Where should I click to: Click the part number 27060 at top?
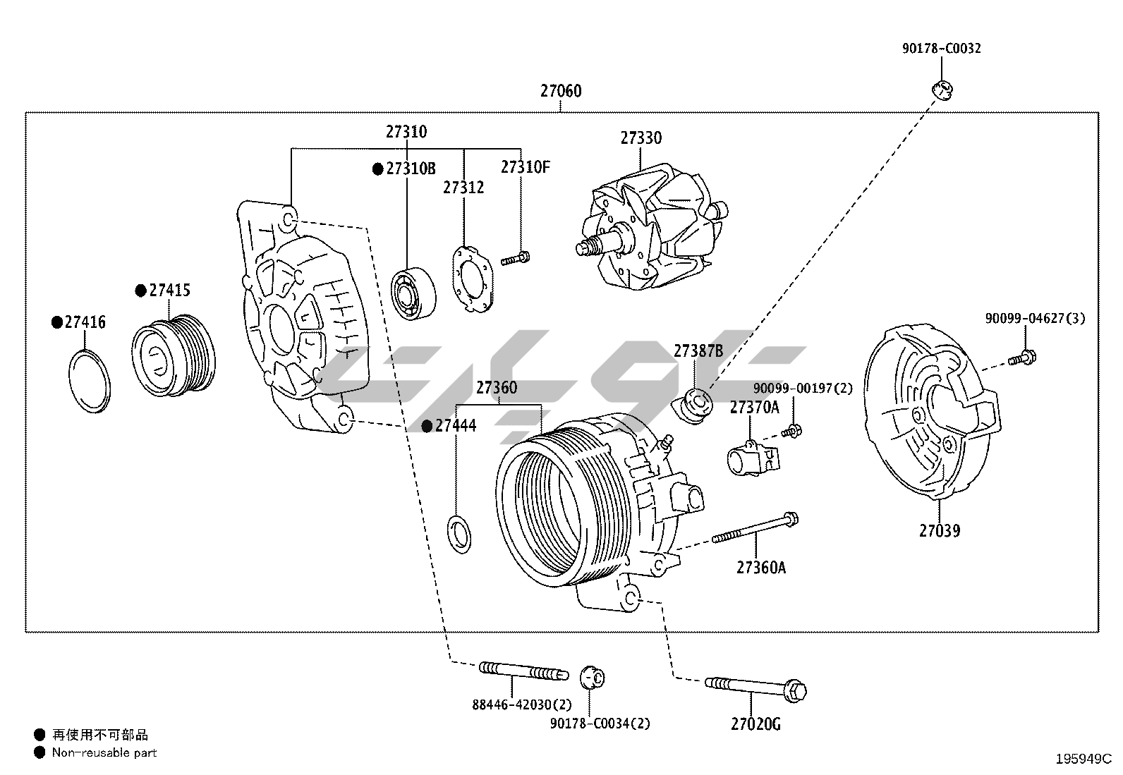click(561, 91)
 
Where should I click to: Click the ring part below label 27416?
click(90, 381)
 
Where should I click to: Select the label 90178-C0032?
click(941, 49)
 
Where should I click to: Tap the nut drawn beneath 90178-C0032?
click(942, 90)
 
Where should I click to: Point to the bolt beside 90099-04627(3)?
click(1020, 359)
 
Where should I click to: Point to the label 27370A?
click(754, 407)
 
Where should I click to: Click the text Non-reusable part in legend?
click(104, 752)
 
